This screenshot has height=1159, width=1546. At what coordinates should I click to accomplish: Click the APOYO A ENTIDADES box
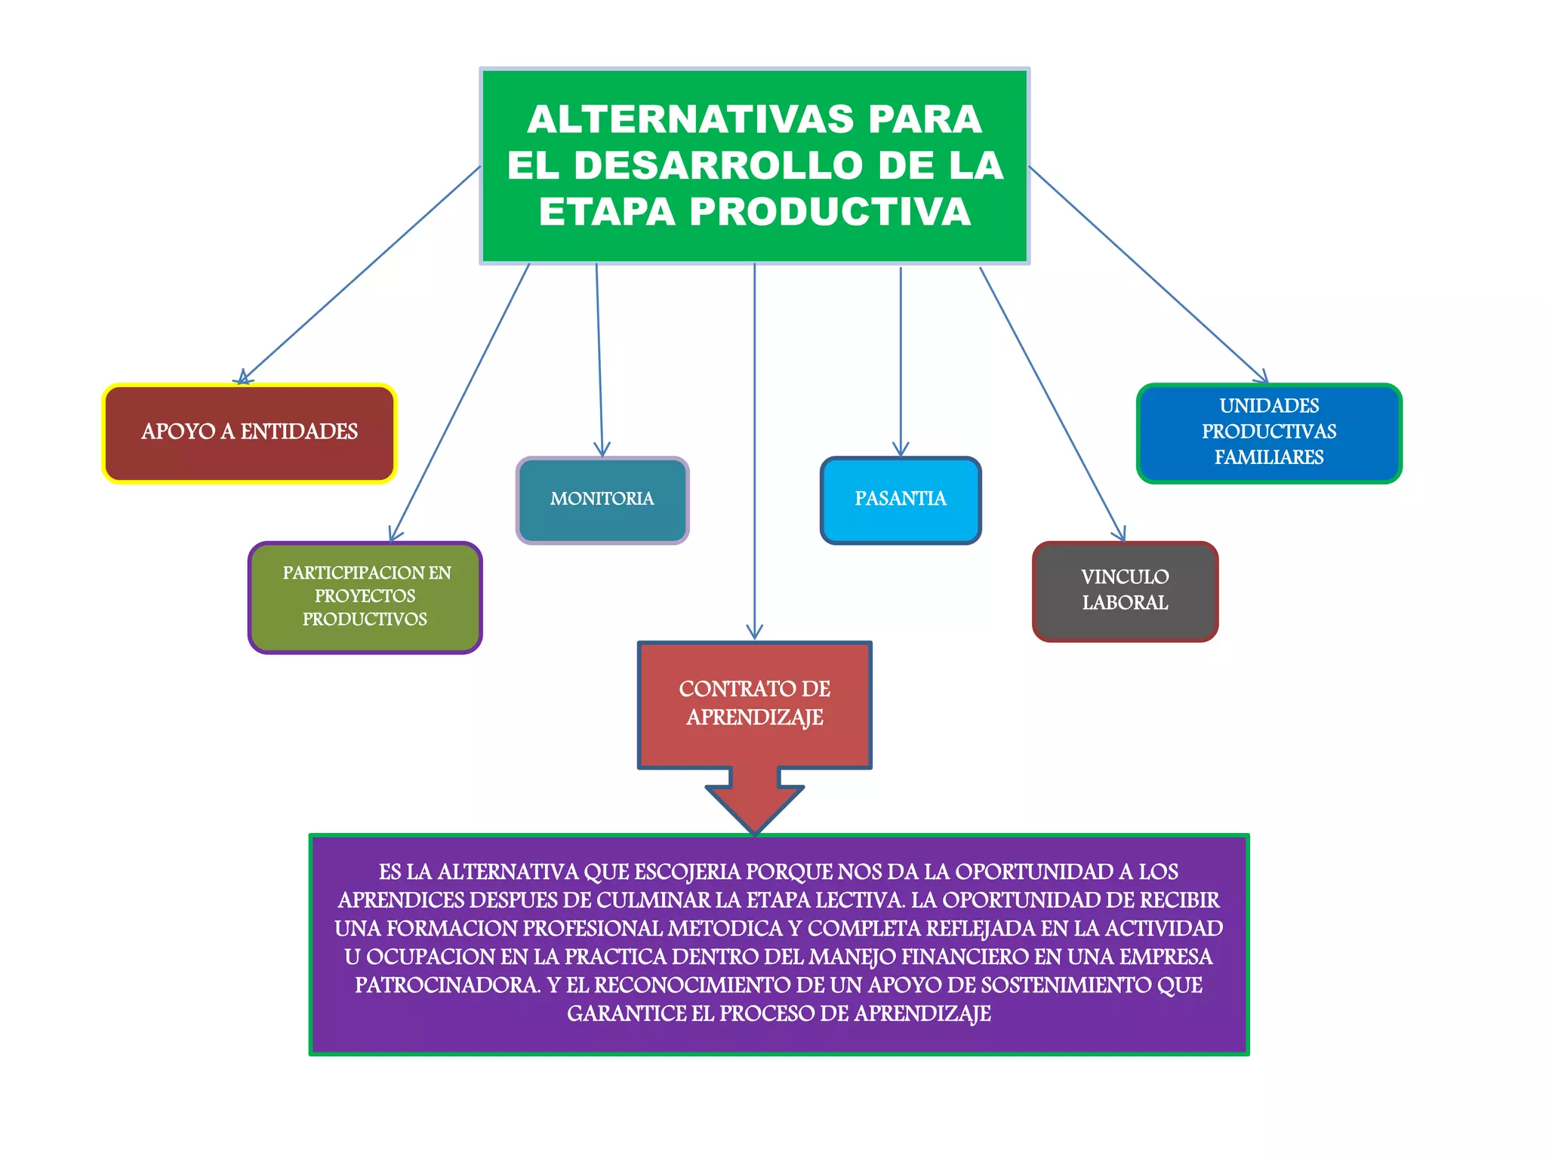pos(249,433)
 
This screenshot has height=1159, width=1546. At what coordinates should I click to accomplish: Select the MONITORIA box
pos(602,500)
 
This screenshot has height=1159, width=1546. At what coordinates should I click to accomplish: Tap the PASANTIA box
pos(900,500)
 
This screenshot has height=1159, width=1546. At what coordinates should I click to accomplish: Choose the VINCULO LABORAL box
pos(1125,591)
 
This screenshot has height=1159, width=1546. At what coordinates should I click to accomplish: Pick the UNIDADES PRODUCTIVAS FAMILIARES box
pos(1269,432)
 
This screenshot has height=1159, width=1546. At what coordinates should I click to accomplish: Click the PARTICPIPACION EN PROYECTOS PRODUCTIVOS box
pos(365,597)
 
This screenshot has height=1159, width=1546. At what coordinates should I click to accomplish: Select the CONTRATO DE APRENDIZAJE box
pos(755,704)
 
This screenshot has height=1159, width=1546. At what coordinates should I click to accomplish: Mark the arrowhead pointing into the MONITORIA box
pos(602,450)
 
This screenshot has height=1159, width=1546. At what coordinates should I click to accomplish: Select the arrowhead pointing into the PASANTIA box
pos(901,450)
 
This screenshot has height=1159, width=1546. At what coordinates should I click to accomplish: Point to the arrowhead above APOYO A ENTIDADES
pos(244,378)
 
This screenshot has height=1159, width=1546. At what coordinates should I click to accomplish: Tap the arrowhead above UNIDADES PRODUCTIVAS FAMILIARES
pos(1262,377)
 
